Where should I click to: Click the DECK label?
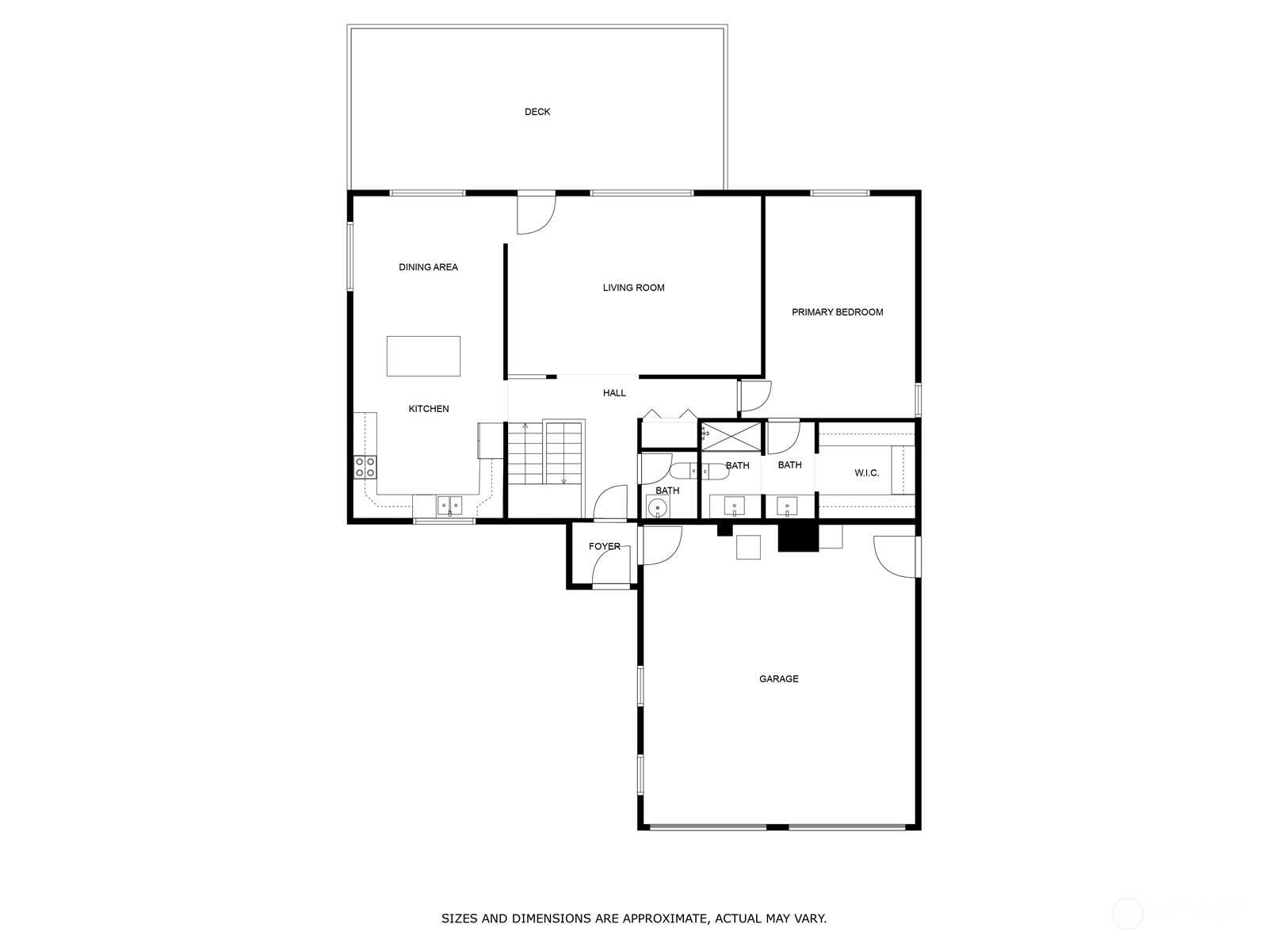537,112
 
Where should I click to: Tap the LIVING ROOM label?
633,288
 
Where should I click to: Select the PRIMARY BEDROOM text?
837,312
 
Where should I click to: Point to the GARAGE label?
779,679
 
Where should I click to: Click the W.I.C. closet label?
866,473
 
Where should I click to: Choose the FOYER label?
604,546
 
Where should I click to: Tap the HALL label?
614,393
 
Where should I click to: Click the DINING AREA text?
428,267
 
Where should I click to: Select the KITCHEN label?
429,409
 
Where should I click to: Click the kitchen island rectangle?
423,357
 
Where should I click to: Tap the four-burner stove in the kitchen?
365,467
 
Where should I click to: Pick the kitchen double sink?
449,506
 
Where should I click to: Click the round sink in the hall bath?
658,508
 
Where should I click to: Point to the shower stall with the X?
731,436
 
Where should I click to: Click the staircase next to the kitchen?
546,453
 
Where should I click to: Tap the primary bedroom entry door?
755,396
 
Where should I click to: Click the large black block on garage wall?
798,537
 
